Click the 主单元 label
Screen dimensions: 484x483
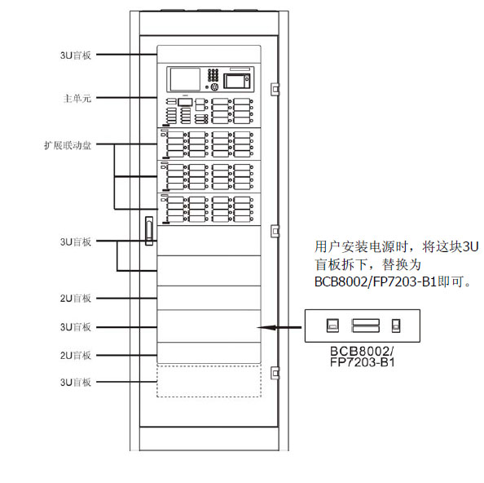[77, 98]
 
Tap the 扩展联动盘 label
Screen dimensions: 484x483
[68, 145]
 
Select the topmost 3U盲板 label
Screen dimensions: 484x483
[76, 55]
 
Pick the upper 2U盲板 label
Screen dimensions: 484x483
[76, 299]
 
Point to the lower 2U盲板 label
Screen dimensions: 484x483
[76, 356]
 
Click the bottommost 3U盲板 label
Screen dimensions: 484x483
[76, 383]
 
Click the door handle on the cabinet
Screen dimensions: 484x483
[149, 231]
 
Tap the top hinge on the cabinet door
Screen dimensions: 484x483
[275, 89]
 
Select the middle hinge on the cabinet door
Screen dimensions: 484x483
[275, 231]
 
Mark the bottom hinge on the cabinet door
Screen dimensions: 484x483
[275, 373]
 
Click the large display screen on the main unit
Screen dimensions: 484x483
[185, 79]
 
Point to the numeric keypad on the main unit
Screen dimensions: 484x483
[213, 75]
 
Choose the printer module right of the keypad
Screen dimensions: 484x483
[237, 80]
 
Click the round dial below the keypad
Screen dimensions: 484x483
[214, 87]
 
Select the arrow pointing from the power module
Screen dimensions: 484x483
[279, 327]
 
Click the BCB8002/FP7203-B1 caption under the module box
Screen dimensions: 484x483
[362, 357]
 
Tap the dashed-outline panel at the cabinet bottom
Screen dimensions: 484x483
[209, 380]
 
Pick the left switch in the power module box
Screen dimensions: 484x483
[332, 326]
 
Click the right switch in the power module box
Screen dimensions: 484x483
[396, 326]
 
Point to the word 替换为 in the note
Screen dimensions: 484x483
[402, 264]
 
